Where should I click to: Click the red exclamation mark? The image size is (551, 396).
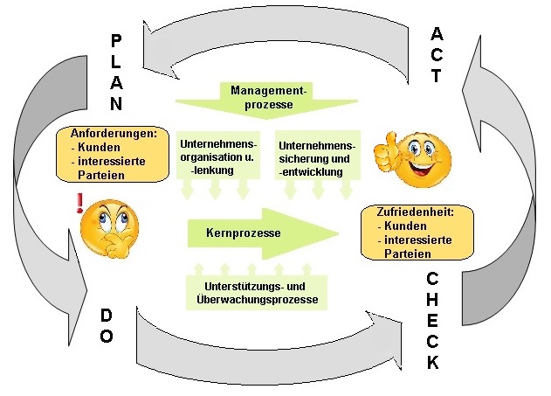point(81,205)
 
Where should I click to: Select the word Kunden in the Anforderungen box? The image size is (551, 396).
point(99,149)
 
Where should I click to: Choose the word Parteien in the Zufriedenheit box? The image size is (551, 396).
point(410,253)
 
